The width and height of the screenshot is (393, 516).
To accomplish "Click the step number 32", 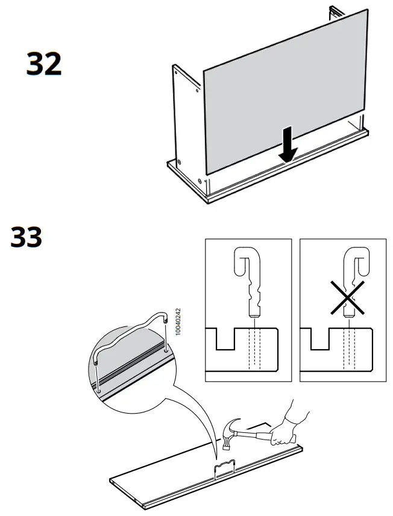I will (44, 64).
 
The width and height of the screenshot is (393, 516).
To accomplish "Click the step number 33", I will (27, 237).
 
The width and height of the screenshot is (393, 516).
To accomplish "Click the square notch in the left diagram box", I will (224, 338).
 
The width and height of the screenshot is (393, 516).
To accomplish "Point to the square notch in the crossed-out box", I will (319, 338).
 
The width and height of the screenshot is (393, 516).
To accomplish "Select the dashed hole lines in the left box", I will (256, 349).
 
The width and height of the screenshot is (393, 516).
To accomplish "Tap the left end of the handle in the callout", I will (96, 364).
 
